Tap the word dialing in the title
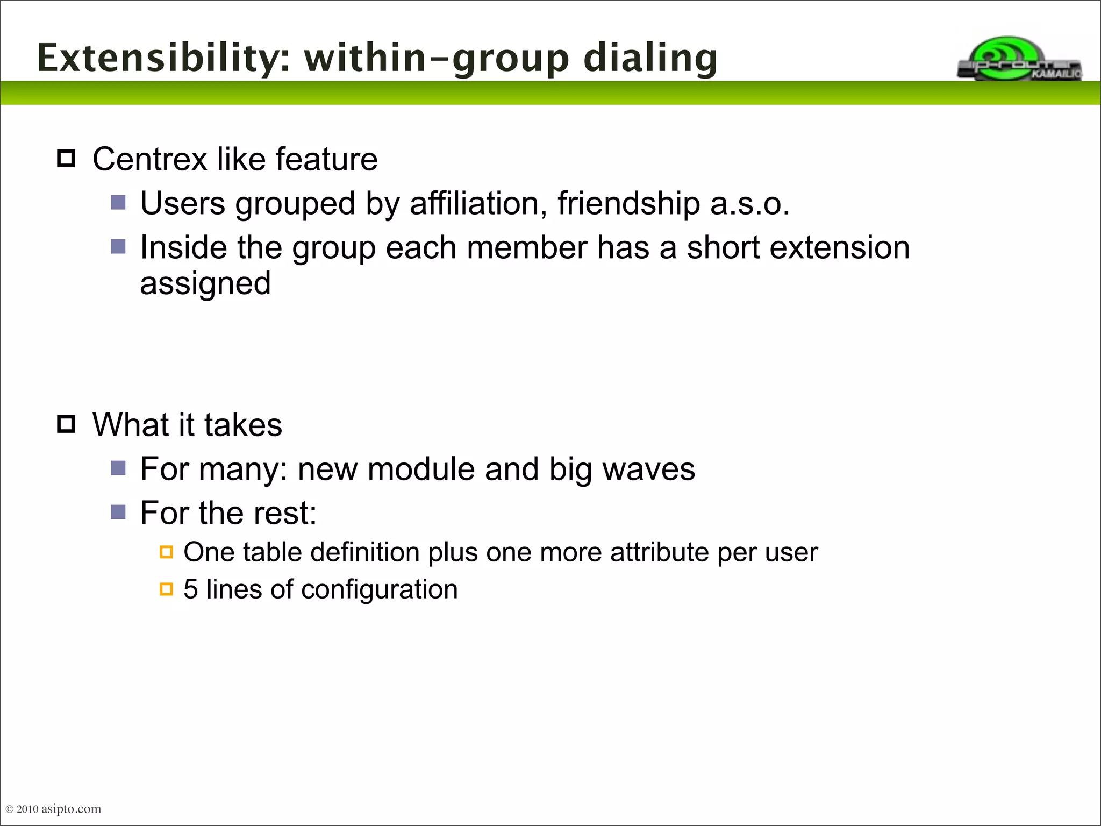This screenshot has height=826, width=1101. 650,58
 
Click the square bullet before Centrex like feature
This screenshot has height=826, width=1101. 66,159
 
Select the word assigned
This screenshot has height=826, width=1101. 205,284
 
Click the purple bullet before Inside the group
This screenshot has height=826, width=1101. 118,247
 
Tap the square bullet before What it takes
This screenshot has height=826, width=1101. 66,424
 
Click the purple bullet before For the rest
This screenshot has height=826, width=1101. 118,512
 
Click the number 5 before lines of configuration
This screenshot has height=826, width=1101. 190,589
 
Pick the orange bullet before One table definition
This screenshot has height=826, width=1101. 167,552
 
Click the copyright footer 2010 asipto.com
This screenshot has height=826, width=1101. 54,809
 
